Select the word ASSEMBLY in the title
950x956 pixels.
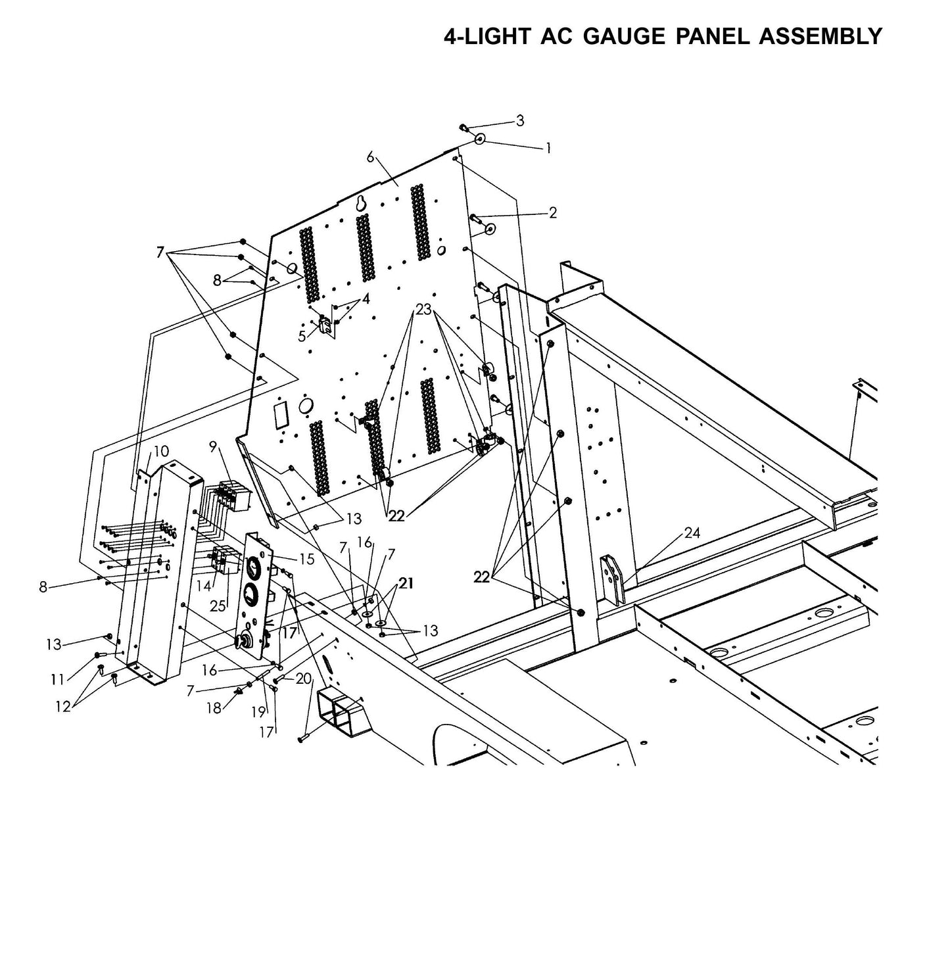[x=820, y=36]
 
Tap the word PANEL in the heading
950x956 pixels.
[x=713, y=36]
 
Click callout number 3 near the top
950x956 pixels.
[x=520, y=120]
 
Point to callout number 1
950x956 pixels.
[x=548, y=149]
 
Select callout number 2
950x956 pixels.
[x=552, y=212]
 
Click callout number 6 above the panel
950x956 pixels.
[x=370, y=156]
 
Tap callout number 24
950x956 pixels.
[x=692, y=533]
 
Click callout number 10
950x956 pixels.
[x=161, y=451]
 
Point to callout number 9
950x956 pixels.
[x=213, y=446]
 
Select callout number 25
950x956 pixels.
[x=218, y=605]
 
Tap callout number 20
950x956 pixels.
[x=303, y=679]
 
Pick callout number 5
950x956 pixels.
[x=302, y=336]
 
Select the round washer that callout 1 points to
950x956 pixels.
[x=480, y=139]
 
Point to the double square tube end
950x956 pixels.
[x=341, y=709]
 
